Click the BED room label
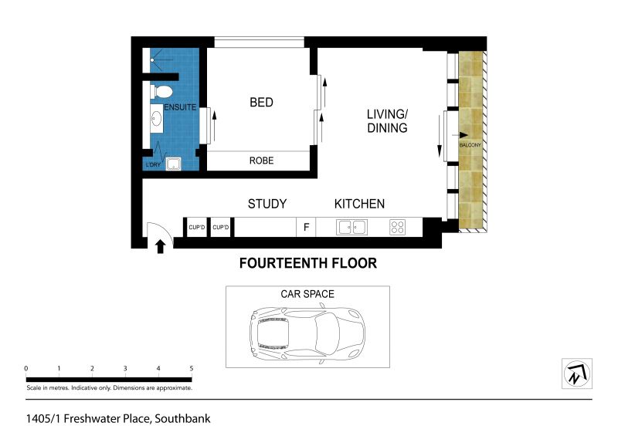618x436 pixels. tap(261, 103)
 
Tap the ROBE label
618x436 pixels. tap(261, 161)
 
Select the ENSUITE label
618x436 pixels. tap(180, 107)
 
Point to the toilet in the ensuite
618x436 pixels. tap(161, 92)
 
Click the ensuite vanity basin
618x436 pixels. tap(157, 119)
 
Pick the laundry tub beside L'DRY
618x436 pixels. tap(173, 164)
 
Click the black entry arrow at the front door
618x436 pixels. tap(160, 247)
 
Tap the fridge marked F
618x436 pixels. tap(306, 227)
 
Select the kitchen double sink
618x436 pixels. tap(352, 227)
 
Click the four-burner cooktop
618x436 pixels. tap(397, 227)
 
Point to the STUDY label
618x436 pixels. tap(267, 204)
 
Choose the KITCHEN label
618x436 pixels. tap(359, 204)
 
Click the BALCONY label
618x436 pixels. tap(470, 145)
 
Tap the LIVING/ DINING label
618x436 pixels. tap(387, 121)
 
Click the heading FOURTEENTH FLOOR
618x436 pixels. tap(308, 263)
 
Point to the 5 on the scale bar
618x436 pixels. tap(192, 369)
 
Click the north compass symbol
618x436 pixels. tap(577, 373)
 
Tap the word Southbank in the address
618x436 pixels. tap(182, 419)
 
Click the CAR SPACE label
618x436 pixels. tap(307, 294)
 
